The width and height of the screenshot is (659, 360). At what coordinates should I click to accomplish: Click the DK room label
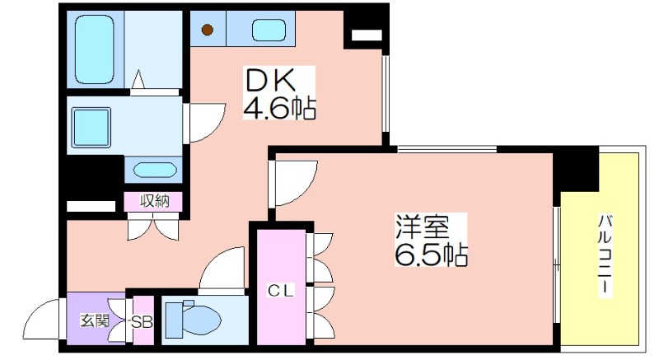tap(271, 80)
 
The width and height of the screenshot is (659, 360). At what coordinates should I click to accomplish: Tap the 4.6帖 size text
tap(279, 108)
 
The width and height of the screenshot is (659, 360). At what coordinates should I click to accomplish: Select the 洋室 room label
tap(422, 227)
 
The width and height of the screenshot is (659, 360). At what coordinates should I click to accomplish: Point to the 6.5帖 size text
tap(431, 253)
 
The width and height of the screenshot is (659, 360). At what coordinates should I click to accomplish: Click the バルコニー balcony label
tap(605, 255)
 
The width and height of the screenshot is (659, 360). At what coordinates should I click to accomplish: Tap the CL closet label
tap(281, 290)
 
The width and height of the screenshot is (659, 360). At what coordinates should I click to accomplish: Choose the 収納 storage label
tap(155, 201)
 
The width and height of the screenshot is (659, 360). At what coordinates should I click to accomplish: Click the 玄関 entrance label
tap(95, 320)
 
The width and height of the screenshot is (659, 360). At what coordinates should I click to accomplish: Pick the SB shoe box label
tap(142, 322)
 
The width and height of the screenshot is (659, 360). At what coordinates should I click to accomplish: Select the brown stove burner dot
tap(207, 30)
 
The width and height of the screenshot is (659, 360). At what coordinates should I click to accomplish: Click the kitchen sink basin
tap(269, 30)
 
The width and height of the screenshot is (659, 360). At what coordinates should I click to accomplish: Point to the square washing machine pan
tap(91, 128)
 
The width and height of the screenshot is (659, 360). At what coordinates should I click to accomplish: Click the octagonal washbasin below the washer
tap(154, 171)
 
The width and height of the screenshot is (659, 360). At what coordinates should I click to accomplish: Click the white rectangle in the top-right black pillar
tap(367, 35)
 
